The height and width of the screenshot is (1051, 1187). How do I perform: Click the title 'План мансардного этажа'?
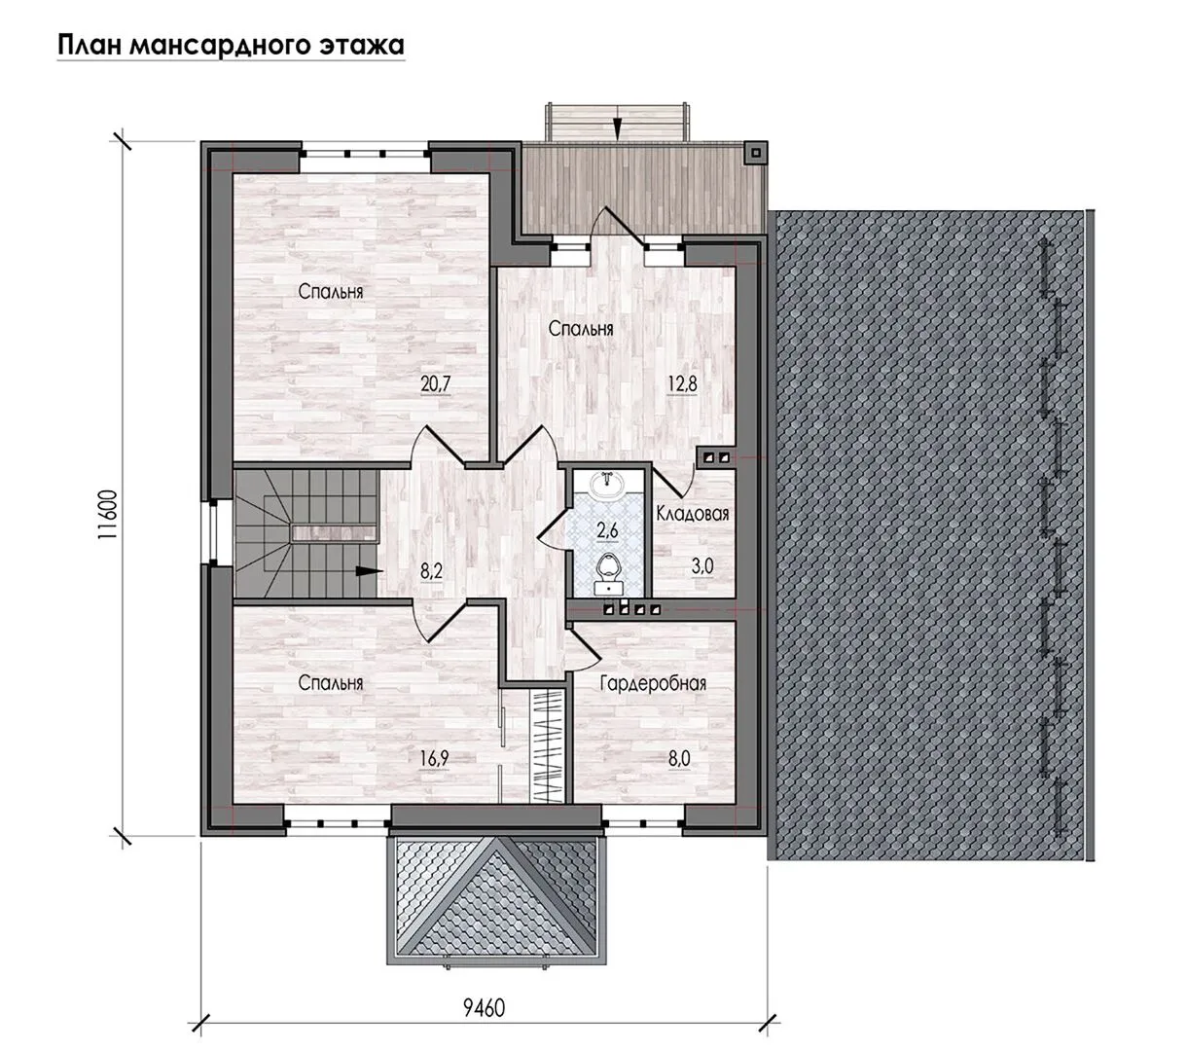coord(231,45)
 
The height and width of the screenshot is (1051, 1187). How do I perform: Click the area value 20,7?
coord(435,384)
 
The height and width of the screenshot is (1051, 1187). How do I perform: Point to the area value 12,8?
coord(683,383)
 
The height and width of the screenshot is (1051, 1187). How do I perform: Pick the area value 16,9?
coord(434,758)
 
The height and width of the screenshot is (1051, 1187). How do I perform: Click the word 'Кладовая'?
coord(693,514)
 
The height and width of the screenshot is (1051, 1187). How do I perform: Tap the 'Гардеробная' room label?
coord(653,683)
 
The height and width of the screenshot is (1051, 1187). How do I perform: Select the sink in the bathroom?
coord(608,486)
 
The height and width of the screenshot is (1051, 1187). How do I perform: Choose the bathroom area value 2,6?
coord(607,530)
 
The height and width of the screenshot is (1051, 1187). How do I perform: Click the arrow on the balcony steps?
coord(616,127)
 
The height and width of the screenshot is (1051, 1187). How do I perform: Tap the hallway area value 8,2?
coord(431,571)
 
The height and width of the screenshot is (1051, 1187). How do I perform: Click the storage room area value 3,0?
coord(702,566)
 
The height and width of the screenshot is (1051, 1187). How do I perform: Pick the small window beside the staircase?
coord(212,532)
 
